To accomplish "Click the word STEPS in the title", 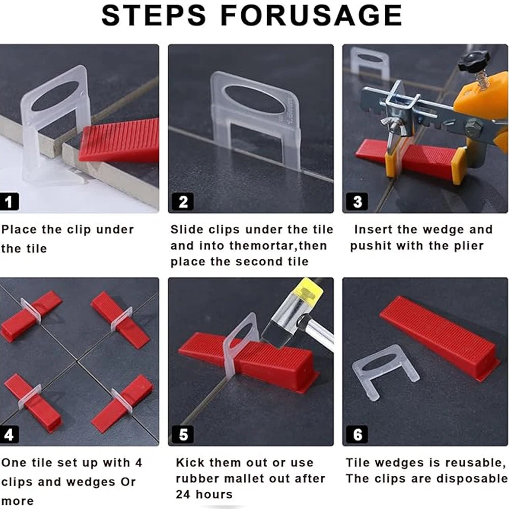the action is tap(154, 15).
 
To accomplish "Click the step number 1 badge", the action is tap(9, 202).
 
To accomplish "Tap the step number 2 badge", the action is tap(183, 202).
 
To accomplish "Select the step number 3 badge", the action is tap(357, 202).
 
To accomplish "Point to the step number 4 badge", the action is tap(9, 434).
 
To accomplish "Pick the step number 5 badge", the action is tap(183, 434).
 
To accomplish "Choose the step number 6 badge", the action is tap(357, 434).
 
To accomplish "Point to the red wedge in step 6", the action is tap(440, 337).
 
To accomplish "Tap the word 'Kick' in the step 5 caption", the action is tap(189, 462).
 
